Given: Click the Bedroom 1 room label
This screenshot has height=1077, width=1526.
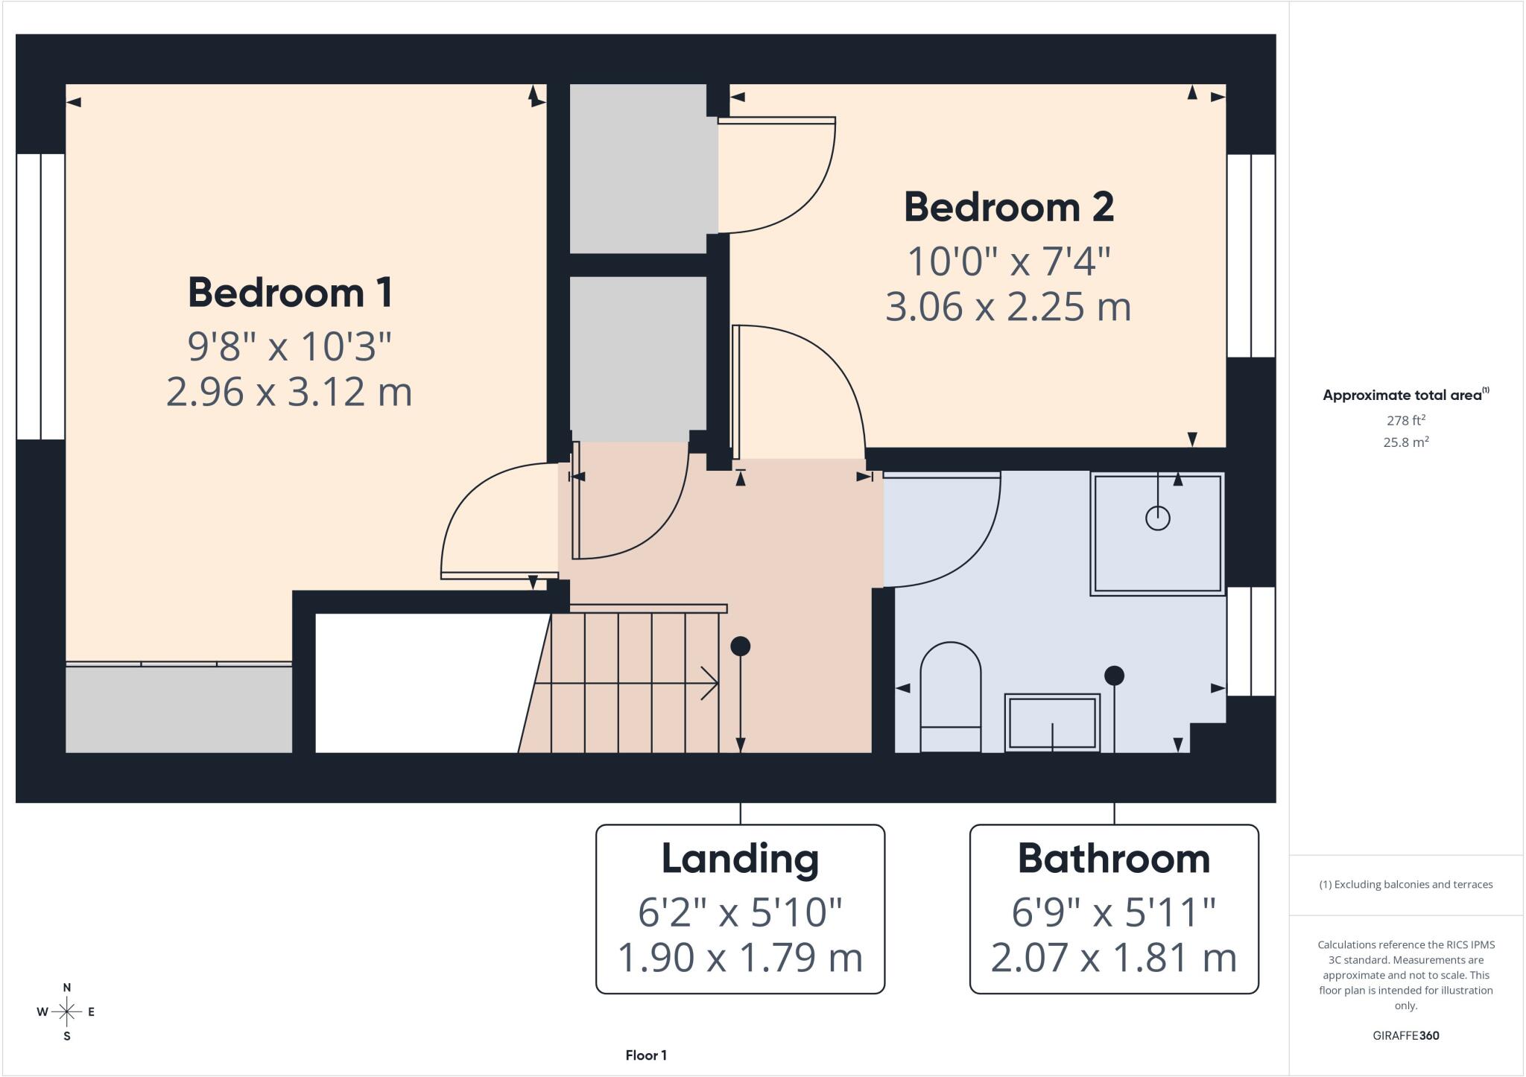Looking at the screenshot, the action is (x=290, y=293).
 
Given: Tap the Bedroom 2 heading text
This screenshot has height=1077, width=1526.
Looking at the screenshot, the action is (x=1009, y=207).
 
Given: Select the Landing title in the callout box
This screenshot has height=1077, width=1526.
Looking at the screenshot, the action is (x=740, y=859).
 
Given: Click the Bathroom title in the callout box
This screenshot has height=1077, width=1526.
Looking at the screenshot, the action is (x=1114, y=859).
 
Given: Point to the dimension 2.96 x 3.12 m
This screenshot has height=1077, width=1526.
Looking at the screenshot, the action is (x=289, y=392).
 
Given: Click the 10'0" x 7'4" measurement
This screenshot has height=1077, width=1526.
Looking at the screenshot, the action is (x=1009, y=261).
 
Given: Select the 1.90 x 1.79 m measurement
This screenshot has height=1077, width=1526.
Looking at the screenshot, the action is (x=740, y=958).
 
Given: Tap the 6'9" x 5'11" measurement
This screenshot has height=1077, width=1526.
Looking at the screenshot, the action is (x=1114, y=912).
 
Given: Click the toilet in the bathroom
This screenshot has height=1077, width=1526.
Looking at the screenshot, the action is (x=951, y=697).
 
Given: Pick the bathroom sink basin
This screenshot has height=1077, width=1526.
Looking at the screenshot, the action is (x=1052, y=722).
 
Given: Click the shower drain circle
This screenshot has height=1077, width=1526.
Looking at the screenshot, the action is (x=1157, y=518).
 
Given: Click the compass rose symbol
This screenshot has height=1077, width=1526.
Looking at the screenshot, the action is (x=66, y=1011).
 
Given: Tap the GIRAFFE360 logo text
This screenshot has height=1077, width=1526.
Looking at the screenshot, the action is (x=1405, y=1035).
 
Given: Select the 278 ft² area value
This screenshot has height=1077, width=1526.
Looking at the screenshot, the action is (x=1405, y=420).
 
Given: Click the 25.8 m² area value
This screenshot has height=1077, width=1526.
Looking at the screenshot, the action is (x=1405, y=442).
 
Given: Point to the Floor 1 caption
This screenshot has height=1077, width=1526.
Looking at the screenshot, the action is (x=646, y=1055).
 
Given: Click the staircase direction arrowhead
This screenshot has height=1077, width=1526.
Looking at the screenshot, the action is (x=709, y=683).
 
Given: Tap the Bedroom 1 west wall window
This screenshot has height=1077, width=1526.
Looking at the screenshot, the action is (x=41, y=296).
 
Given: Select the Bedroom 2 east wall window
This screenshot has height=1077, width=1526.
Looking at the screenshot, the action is (x=1251, y=255).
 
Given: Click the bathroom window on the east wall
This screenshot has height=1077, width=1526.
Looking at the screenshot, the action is (x=1251, y=641).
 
